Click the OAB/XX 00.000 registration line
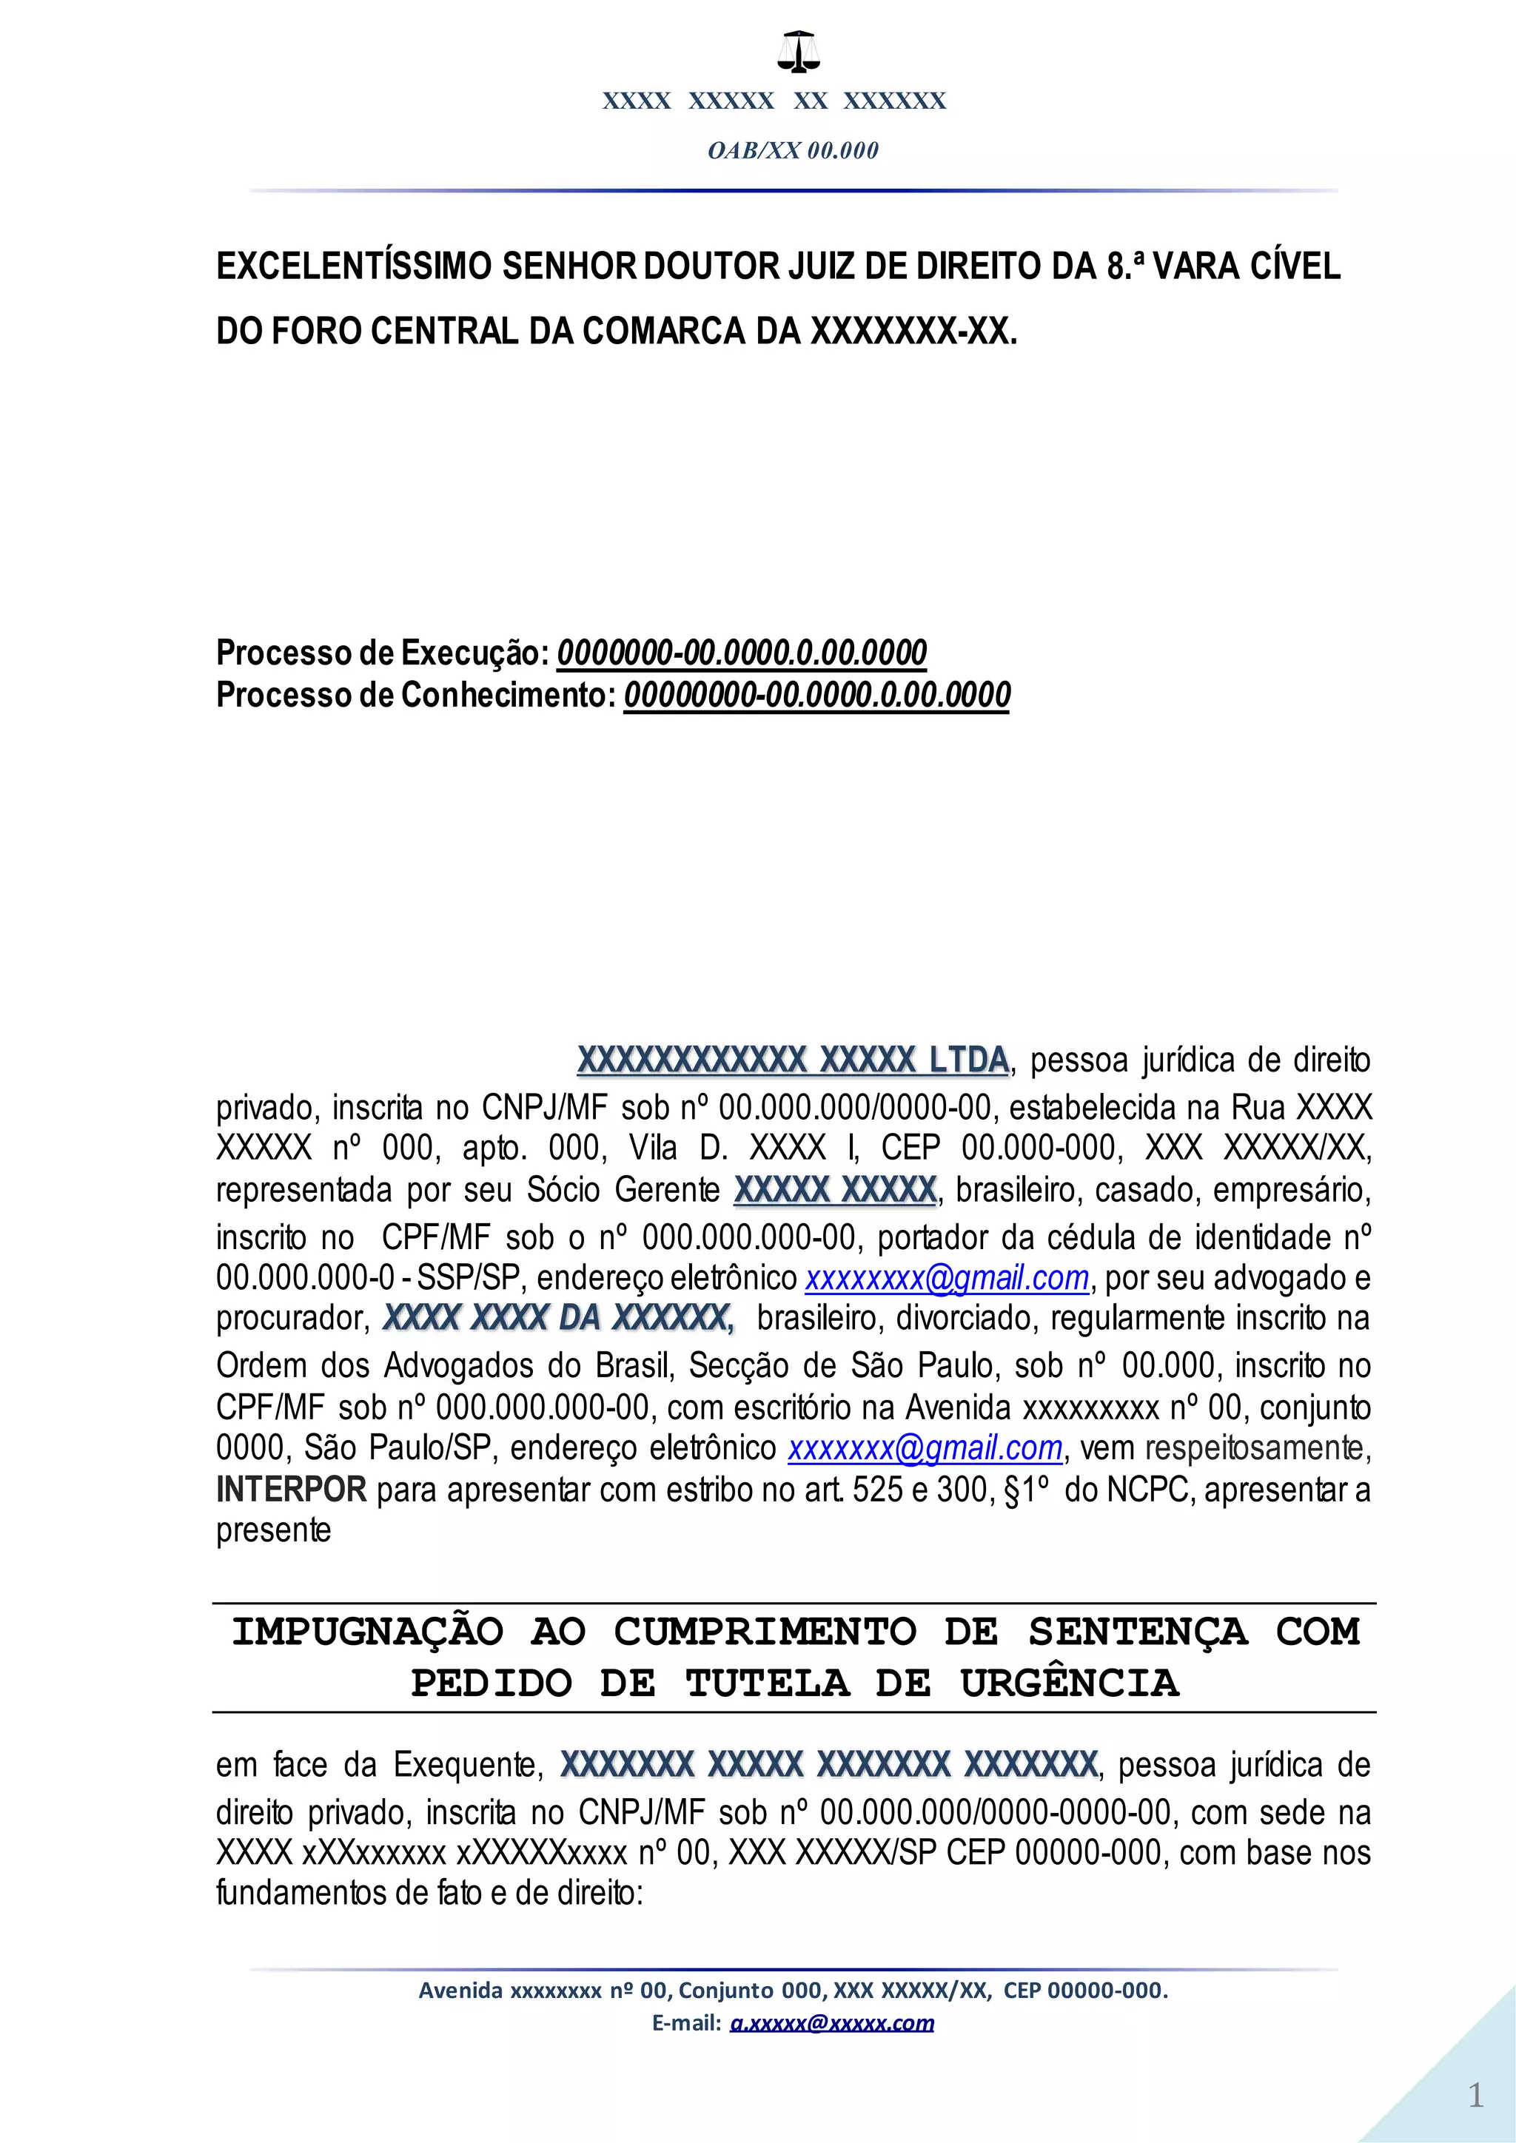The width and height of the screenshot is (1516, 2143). tap(793, 150)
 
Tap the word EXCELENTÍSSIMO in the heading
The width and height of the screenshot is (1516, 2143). tap(355, 267)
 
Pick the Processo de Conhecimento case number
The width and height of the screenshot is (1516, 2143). tap(816, 696)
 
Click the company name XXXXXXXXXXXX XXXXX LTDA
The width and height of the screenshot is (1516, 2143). tap(793, 1060)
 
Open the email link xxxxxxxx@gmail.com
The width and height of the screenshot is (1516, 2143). tap(947, 1278)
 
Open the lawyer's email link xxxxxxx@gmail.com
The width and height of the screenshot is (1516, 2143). tap(924, 1447)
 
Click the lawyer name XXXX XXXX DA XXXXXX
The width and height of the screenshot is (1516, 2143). tap(557, 1318)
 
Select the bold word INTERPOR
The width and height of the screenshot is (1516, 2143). tap(290, 1490)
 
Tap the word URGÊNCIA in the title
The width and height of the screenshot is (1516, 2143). tap(1069, 1683)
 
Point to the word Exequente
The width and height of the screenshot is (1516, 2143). tap(467, 1765)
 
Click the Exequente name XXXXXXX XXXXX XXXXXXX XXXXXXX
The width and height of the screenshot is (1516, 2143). tap(828, 1765)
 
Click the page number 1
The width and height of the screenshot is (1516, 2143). tap(1475, 2096)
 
